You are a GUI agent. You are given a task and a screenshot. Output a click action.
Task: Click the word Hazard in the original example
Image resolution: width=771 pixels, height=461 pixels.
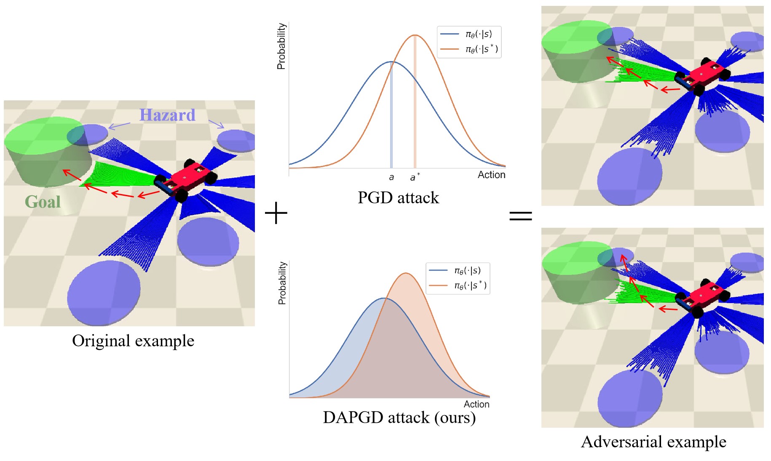click(167, 115)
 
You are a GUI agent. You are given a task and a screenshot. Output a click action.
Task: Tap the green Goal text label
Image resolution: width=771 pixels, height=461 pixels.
click(43, 202)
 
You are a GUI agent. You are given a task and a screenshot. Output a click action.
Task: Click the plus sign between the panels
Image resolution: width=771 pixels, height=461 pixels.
click(276, 213)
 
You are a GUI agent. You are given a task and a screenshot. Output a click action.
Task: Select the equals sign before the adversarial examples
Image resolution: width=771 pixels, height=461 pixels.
click(521, 216)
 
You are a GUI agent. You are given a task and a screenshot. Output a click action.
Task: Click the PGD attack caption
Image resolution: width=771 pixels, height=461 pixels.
click(398, 197)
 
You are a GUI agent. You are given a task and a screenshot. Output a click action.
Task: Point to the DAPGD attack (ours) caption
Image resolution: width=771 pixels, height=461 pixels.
click(399, 417)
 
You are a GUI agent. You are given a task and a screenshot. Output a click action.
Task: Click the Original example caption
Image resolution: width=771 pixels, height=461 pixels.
click(133, 341)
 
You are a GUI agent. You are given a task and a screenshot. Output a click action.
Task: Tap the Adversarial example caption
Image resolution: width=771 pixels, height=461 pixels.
click(653, 442)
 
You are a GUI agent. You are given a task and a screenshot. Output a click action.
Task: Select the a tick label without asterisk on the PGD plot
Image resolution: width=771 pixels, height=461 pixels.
click(391, 177)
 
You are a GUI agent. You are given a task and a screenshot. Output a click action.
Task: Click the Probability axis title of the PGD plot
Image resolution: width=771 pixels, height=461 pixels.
click(281, 46)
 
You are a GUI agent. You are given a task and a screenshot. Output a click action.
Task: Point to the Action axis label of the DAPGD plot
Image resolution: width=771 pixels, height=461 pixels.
click(477, 404)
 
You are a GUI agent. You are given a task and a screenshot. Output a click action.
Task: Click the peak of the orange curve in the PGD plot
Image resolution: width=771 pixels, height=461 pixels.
click(415, 35)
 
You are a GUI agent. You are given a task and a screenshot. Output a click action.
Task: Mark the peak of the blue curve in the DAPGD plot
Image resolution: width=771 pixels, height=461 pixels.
click(384, 298)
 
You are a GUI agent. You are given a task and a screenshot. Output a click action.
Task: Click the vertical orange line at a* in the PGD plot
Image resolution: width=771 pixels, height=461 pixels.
click(415, 105)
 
